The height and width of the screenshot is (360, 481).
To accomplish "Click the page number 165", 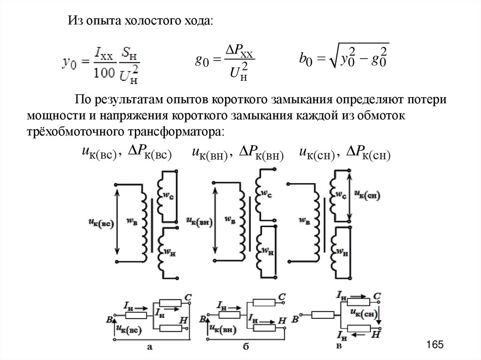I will tap(434, 345).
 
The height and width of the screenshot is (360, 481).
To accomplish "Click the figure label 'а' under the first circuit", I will tap(149, 348).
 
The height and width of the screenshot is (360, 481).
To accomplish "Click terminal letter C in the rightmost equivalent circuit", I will tap(376, 296).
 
